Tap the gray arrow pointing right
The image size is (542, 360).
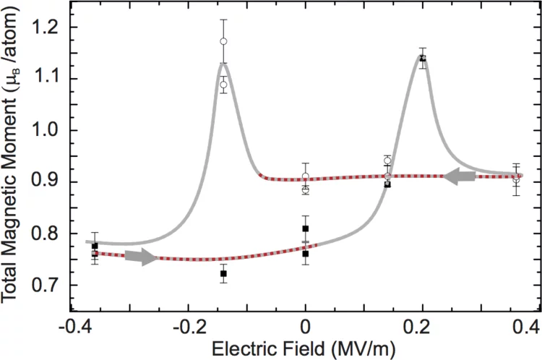coord(141,257)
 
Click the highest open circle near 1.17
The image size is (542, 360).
coord(224,41)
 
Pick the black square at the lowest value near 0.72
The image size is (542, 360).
coord(223,274)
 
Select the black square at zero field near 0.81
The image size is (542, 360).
coord(306,228)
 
